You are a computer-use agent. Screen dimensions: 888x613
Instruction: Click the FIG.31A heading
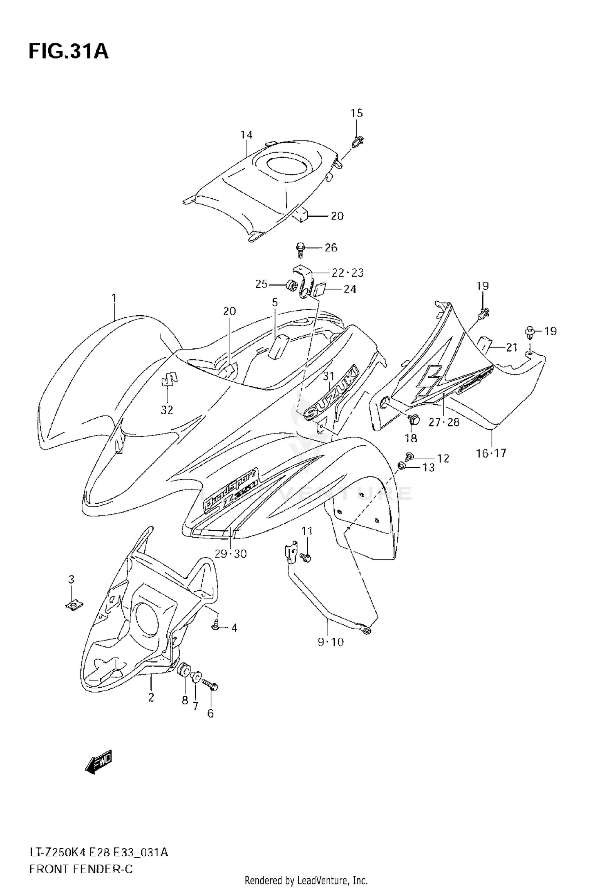(68, 52)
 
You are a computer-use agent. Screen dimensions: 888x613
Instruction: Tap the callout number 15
(357, 113)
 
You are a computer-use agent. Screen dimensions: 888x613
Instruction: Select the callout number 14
(246, 135)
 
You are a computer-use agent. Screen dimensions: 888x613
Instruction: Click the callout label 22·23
(347, 272)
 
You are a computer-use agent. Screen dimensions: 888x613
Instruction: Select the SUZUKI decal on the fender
(332, 391)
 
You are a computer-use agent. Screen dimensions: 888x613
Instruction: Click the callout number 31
(329, 376)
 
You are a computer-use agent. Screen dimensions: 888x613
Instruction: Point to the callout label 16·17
(491, 453)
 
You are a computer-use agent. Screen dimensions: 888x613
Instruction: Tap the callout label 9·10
(331, 642)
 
